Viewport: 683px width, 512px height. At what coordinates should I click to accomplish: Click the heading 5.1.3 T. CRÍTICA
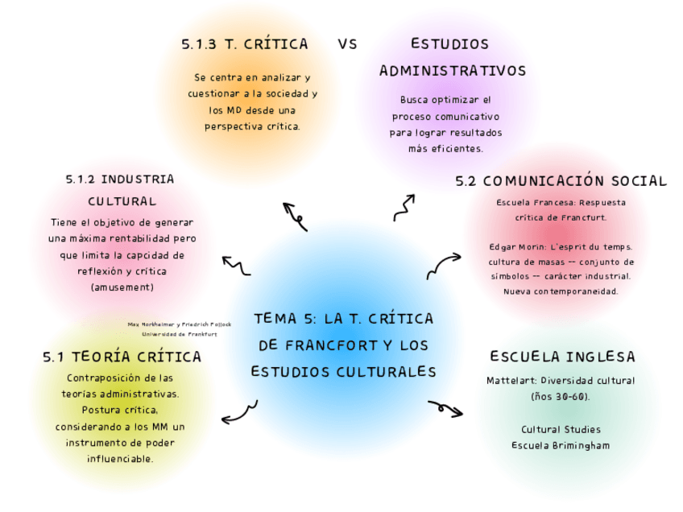point(245,44)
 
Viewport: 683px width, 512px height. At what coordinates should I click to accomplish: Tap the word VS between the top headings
point(347,44)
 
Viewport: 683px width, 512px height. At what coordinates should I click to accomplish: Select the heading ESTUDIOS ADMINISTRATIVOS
point(452,57)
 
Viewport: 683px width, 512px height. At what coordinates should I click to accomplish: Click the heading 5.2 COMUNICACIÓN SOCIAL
point(561,181)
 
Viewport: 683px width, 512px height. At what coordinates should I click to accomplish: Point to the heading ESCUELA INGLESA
point(562,356)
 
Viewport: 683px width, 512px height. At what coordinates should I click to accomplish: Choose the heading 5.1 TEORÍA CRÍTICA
point(122,356)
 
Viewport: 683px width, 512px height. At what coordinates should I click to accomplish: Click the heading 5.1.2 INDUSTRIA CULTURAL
point(120,190)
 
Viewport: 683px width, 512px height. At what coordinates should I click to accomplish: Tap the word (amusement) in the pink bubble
point(122,287)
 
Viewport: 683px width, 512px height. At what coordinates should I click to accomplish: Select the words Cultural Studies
point(561,429)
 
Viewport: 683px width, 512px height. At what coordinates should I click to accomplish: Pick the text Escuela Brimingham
point(561,445)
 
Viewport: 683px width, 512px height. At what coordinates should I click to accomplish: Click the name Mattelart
point(511,381)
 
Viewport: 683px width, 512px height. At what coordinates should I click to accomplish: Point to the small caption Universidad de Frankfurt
point(179,333)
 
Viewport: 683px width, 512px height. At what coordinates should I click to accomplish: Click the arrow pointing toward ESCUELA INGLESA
point(445,408)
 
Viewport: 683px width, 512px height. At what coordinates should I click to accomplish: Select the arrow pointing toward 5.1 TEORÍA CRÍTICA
point(239,413)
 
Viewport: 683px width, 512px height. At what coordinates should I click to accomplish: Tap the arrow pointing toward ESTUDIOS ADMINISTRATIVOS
point(404,207)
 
